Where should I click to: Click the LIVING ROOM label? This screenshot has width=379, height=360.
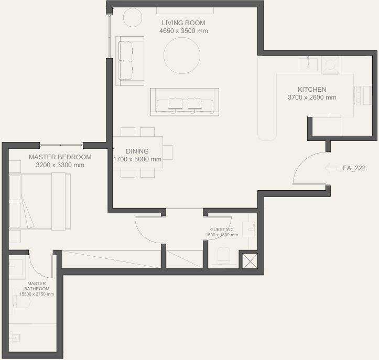[x=183, y=23]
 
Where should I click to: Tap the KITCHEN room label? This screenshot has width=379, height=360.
[x=312, y=90]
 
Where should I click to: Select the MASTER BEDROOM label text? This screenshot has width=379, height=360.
[x=60, y=157]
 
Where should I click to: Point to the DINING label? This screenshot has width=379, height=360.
[x=137, y=151]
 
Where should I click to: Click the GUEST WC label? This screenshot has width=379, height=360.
[x=222, y=230]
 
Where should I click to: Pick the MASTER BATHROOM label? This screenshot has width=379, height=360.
[x=37, y=286]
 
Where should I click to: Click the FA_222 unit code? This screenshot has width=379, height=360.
[x=354, y=168]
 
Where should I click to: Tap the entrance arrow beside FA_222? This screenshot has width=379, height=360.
[x=331, y=168]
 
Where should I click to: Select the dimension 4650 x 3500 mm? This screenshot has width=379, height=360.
[x=183, y=31]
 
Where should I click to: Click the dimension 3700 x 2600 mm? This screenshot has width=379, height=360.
[x=312, y=97]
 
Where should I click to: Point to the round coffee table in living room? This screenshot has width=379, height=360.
[x=182, y=56]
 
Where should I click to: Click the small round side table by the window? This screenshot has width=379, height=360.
[x=133, y=17]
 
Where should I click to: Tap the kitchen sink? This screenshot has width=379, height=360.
[x=308, y=64]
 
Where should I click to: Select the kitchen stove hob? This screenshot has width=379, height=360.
[x=330, y=65]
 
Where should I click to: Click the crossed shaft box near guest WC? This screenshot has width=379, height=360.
[x=250, y=260]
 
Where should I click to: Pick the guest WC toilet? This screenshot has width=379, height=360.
[x=224, y=257]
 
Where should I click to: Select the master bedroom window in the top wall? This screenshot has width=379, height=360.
[x=61, y=145]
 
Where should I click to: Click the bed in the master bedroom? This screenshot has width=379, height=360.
[x=40, y=202]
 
